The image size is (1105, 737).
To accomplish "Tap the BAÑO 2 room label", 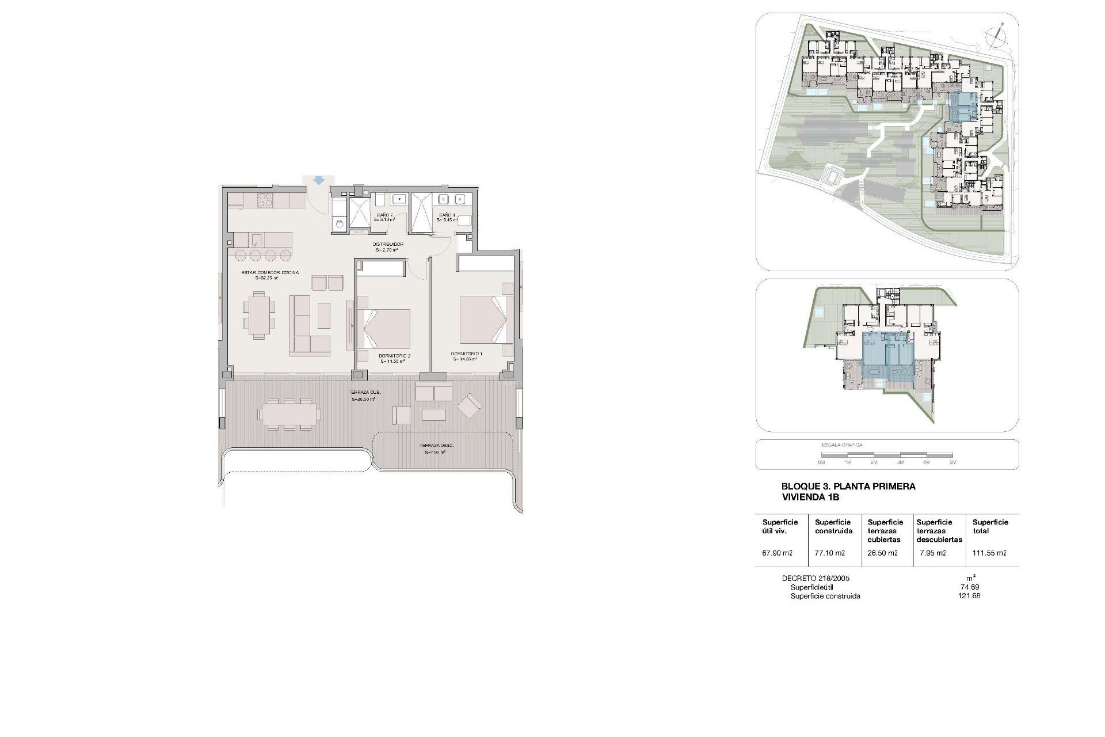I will [x=384, y=215].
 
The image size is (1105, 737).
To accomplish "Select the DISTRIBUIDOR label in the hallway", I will [x=389, y=244].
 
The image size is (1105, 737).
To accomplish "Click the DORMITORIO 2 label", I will [x=394, y=356].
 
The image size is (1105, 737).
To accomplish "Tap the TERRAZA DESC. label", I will [x=435, y=446].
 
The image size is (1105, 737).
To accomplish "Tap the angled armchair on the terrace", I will [x=470, y=406].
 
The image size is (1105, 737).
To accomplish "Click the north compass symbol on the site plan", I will [x=995, y=36].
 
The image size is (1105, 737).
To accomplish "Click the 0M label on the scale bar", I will [x=821, y=462].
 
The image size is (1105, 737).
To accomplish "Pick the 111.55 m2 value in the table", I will [x=989, y=553].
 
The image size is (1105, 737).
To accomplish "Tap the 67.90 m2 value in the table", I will [x=777, y=553].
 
